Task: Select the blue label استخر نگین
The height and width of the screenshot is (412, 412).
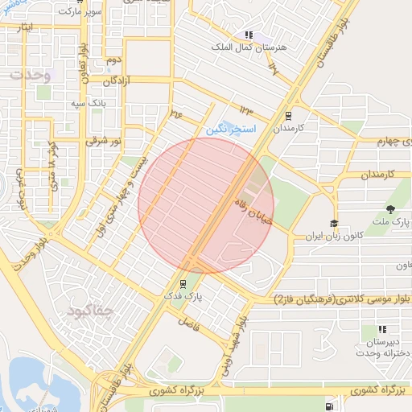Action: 230,129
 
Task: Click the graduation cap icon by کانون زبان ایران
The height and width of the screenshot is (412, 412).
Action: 334,224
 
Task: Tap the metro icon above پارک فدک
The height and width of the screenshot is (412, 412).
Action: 183,283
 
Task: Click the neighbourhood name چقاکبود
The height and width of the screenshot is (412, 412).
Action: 91,309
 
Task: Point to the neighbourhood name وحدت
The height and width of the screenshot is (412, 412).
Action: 31,76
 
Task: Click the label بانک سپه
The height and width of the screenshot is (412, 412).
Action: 88,105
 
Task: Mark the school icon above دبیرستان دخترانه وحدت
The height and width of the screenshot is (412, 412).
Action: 381,329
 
